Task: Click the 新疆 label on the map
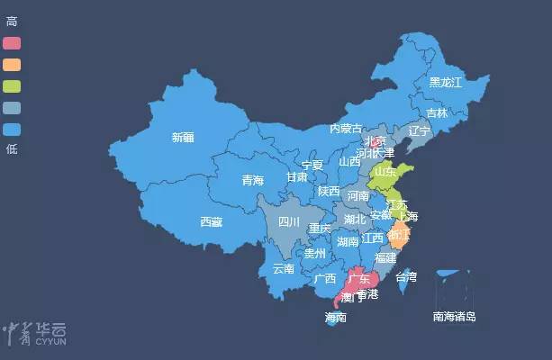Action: pyautogui.click(x=182, y=138)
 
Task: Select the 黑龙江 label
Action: pyautogui.click(x=445, y=82)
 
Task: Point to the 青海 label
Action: pyautogui.click(x=253, y=181)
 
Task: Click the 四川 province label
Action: pyautogui.click(x=288, y=221)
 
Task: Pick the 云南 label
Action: pyautogui.click(x=283, y=268)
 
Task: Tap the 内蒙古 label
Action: pyautogui.click(x=347, y=129)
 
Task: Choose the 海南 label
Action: pyautogui.click(x=336, y=318)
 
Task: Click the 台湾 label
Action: pyautogui.click(x=406, y=277)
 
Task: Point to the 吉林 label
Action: pyautogui.click(x=437, y=112)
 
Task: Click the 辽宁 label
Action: pyautogui.click(x=419, y=131)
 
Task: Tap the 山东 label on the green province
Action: pyautogui.click(x=385, y=171)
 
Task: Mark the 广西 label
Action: pyautogui.click(x=324, y=279)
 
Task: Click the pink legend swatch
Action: pyautogui.click(x=12, y=42)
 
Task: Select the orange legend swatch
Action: pyautogui.click(x=12, y=64)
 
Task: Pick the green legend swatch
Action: pyautogui.click(x=12, y=85)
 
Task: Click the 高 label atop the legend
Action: pyautogui.click(x=11, y=22)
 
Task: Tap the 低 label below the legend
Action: pyautogui.click(x=11, y=149)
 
